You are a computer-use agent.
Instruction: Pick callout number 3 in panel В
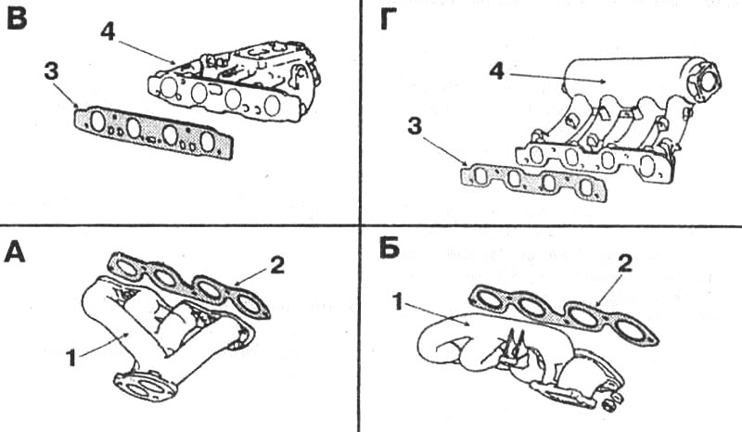[51, 72]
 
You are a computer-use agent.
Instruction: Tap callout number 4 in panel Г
[496, 71]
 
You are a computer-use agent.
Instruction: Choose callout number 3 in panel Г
[415, 127]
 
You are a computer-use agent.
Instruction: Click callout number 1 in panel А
[71, 358]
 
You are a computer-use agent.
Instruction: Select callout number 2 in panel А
[276, 265]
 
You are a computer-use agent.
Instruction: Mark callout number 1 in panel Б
[399, 301]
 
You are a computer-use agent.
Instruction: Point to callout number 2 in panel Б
[624, 264]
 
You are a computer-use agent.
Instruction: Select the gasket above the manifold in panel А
[189, 284]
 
